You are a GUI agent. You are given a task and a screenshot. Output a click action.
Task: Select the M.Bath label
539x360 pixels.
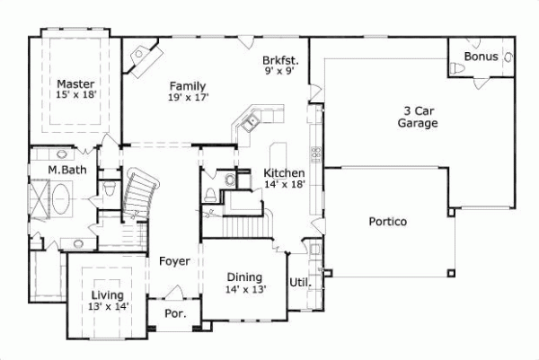point(67,170)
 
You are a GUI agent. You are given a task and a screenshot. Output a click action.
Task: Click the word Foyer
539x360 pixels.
point(174,261)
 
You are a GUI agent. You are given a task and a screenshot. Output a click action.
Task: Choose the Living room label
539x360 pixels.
point(107,294)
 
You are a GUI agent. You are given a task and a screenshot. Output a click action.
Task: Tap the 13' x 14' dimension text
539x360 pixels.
point(107,306)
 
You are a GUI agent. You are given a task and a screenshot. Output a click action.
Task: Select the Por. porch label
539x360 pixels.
point(174,314)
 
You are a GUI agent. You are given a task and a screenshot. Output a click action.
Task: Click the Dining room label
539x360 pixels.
point(244,277)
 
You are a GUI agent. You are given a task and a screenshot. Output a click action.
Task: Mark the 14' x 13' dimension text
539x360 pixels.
point(244,290)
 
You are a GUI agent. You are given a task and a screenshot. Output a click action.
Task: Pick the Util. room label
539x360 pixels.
point(299,282)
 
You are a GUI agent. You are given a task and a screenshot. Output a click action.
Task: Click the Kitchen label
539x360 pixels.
point(285,172)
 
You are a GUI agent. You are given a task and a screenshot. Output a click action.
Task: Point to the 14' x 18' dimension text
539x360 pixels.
point(285,184)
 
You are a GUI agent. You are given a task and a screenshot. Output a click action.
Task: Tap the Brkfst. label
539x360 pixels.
point(281,61)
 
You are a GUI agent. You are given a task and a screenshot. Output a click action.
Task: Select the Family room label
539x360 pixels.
point(187,85)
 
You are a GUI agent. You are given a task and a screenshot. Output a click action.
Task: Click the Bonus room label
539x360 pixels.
point(480,57)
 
